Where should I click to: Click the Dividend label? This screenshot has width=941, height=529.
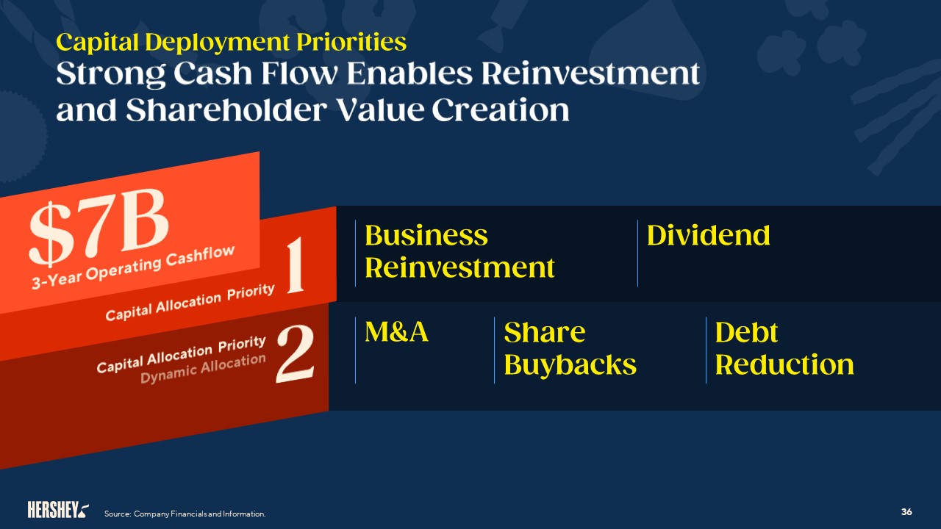(708, 235)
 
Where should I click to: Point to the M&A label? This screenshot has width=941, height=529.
(396, 332)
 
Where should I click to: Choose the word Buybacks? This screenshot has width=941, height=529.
(570, 364)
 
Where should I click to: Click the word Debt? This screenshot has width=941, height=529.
(746, 332)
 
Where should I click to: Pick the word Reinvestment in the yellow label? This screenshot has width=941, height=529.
(459, 267)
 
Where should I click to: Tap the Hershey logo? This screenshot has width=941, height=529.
(58, 509)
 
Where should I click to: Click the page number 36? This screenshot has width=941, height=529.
(906, 511)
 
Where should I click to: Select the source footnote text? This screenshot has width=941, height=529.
(185, 514)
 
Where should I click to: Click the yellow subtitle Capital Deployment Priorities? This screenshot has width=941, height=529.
(231, 42)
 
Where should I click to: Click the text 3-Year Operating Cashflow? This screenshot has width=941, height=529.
(132, 269)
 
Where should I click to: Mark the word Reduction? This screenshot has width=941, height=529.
(784, 364)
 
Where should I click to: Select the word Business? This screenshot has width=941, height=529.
(426, 235)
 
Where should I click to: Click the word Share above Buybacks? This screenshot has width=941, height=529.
(544, 332)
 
